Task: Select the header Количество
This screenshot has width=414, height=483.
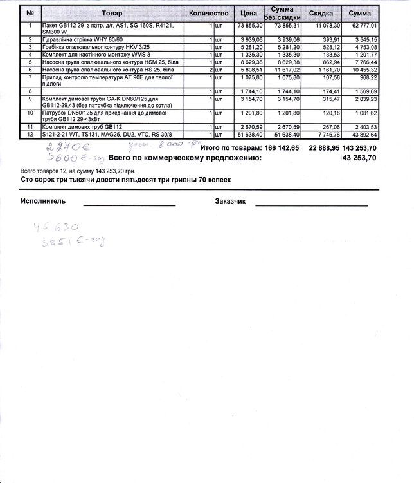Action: [209, 13]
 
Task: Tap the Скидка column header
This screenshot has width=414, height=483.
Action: [321, 13]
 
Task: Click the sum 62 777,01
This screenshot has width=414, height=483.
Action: [364, 25]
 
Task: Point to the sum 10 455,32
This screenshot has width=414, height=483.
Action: [364, 69]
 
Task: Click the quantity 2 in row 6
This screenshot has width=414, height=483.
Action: [210, 69]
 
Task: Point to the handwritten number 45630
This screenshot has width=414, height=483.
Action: [56, 228]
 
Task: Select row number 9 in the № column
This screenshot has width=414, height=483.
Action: [30, 99]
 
